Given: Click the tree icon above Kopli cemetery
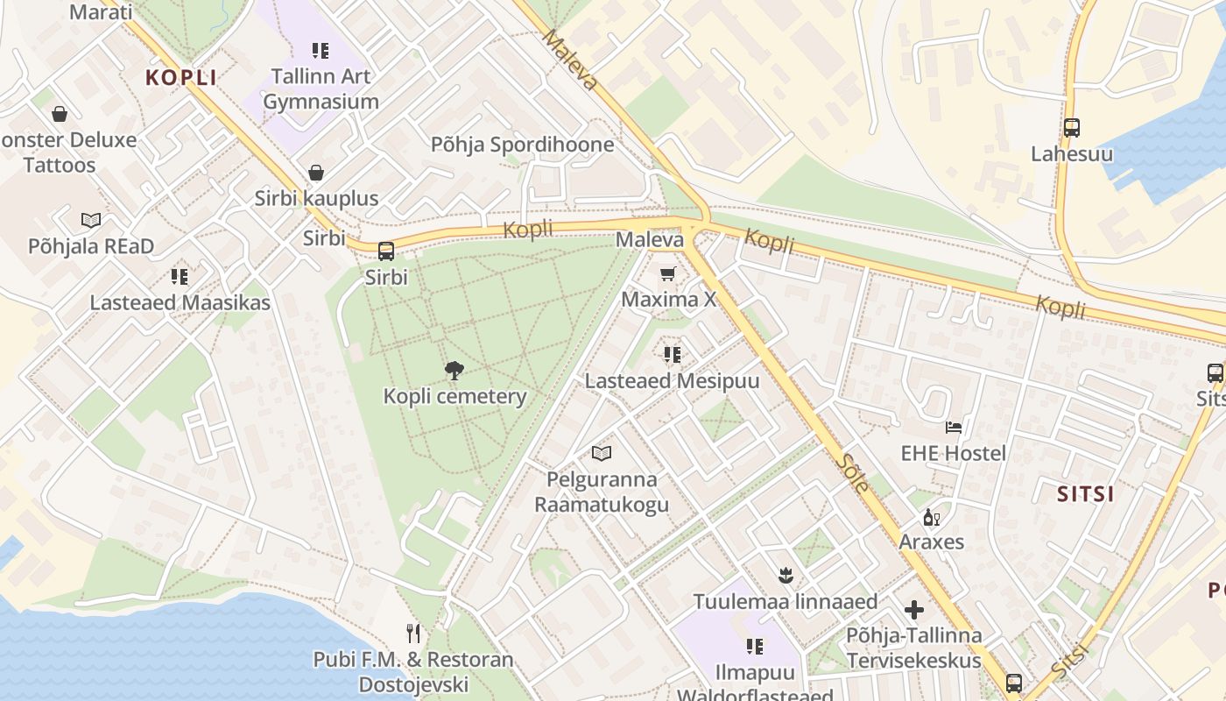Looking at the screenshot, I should (x=454, y=371).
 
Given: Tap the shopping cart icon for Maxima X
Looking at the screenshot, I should (x=668, y=273).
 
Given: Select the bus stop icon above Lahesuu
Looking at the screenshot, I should (x=1071, y=128).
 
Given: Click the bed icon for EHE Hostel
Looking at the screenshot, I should (x=954, y=428).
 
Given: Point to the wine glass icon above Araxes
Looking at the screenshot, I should (x=932, y=518).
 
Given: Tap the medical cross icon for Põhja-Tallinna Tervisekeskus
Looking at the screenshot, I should (x=914, y=610).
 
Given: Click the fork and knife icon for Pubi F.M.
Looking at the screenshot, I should (x=413, y=633).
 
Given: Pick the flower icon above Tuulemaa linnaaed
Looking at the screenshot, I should (x=785, y=576).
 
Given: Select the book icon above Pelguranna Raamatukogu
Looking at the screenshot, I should (x=602, y=453).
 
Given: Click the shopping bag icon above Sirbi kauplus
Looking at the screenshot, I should (x=316, y=173).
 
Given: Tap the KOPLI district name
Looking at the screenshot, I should (x=181, y=77).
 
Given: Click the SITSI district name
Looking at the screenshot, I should (x=1086, y=493).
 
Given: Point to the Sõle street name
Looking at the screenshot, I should (x=852, y=473).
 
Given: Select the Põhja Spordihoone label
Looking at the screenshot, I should (x=522, y=145).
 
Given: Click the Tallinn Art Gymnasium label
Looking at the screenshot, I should (x=321, y=89).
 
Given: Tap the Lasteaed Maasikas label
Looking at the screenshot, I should (x=180, y=303).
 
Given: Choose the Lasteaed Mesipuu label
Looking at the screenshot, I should (x=672, y=381).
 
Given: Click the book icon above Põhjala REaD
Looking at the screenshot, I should (x=91, y=220).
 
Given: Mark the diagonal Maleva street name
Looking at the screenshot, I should (x=570, y=60).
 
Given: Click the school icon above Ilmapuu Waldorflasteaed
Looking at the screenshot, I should (x=755, y=647).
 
